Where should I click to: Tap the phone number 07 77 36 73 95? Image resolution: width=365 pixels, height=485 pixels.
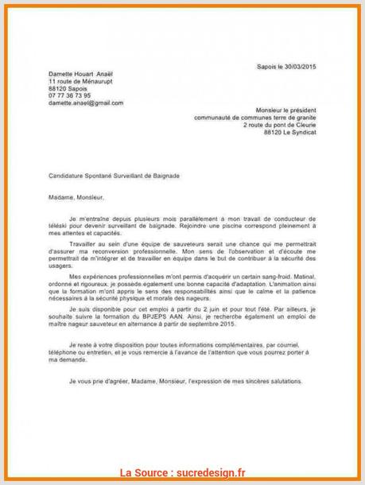point(69,95)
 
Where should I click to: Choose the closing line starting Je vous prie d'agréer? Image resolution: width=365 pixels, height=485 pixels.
point(181,382)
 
